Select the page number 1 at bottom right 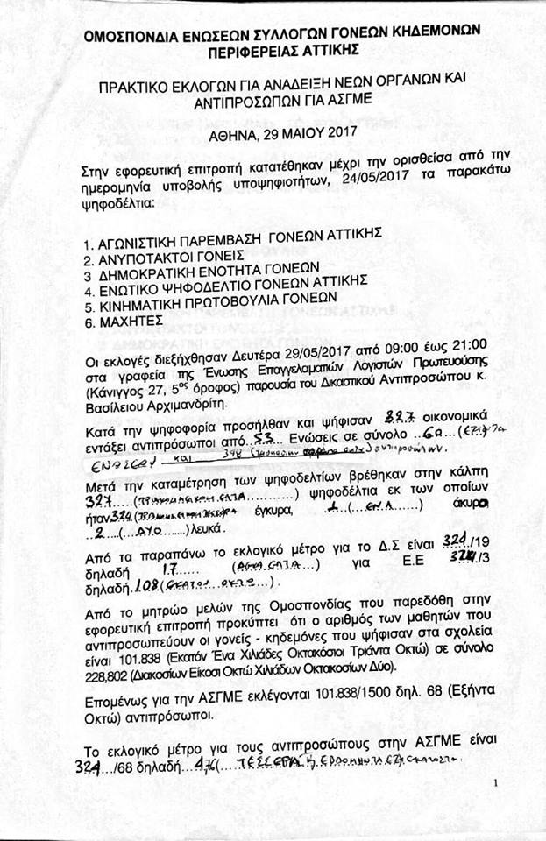496,782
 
